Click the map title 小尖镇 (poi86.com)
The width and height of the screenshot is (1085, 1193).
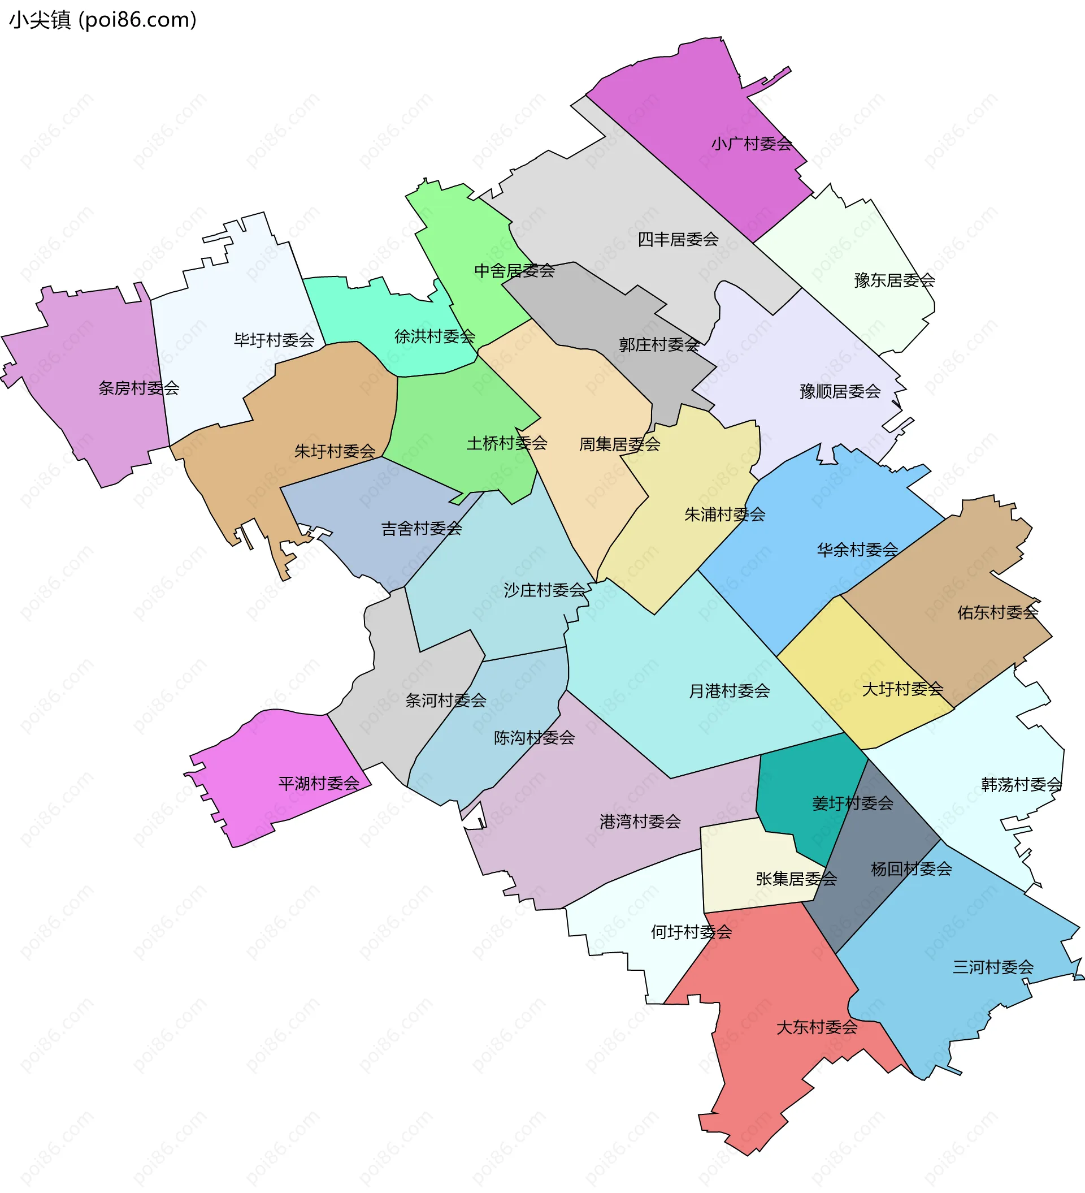[x=102, y=20]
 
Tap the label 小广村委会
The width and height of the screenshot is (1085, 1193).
[x=751, y=144]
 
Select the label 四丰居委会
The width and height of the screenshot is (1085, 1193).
[x=678, y=240]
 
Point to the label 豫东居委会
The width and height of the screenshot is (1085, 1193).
[x=894, y=280]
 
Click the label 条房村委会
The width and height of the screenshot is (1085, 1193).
[x=138, y=388]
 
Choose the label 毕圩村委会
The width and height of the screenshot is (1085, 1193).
[x=274, y=340]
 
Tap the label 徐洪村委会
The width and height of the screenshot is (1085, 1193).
[x=435, y=337]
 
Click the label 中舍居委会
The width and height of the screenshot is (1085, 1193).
[x=514, y=271]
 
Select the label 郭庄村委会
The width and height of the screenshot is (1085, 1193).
[x=658, y=345]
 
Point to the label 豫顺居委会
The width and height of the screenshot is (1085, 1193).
[x=840, y=392]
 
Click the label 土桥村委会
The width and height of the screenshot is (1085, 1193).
[x=506, y=443]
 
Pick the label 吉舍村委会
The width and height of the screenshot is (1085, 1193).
[x=421, y=529]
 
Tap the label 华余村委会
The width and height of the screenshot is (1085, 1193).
[x=857, y=550]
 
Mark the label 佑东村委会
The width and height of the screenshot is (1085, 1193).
[x=997, y=612]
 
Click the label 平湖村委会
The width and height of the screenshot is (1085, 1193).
[x=319, y=784]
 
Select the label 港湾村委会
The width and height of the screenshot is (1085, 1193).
[x=640, y=822]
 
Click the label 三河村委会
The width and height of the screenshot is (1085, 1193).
[x=993, y=967]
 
